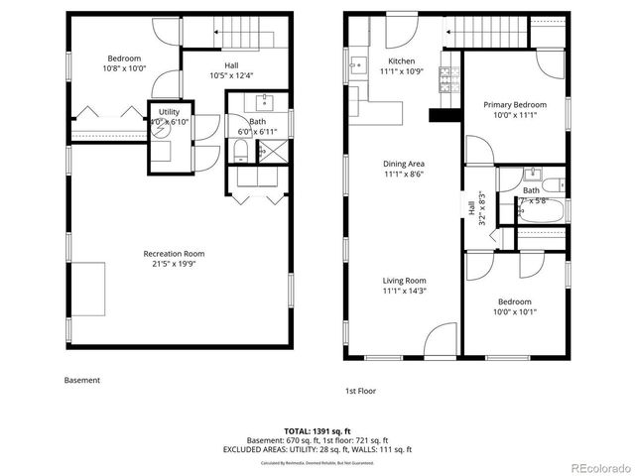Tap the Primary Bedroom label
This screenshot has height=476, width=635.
coord(514,104)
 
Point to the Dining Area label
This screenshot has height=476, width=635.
coord(404,164)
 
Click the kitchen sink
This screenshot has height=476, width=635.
coord(354,67)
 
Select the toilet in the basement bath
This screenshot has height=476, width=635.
coord(240,151)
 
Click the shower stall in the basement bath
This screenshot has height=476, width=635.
coord(270,150)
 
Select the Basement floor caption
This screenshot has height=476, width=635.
coord(81,380)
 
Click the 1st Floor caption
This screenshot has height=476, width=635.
coord(360,391)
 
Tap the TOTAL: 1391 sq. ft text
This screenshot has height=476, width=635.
coord(317,431)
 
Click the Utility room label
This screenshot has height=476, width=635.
coord(169,111)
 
